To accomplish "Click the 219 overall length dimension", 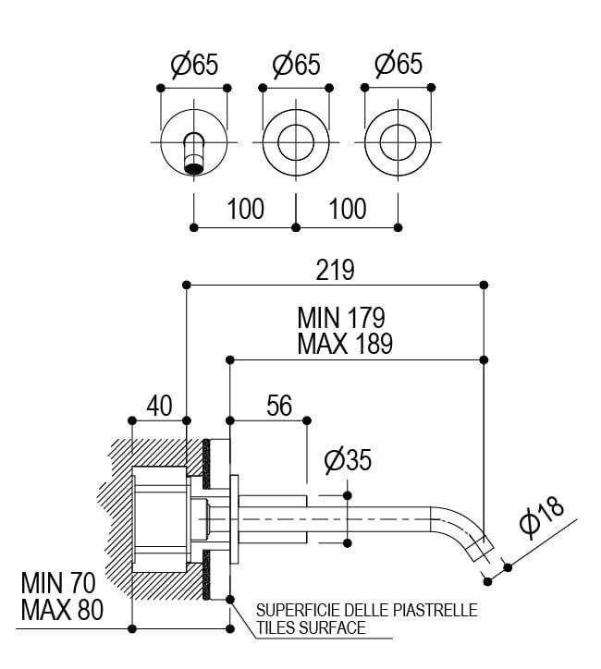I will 335,269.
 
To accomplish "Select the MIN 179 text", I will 341,318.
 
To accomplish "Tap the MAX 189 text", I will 345,344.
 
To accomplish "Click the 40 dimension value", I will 160,406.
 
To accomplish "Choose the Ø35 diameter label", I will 349,459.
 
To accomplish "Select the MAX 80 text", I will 62,611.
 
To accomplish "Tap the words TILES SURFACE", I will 311,628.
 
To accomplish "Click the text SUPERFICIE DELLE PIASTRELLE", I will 366,611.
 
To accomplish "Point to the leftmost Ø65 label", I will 194,66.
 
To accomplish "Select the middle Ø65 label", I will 296,66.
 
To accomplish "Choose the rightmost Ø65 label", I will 399,64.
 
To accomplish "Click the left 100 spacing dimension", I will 245,208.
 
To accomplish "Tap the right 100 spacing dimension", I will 348,208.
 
